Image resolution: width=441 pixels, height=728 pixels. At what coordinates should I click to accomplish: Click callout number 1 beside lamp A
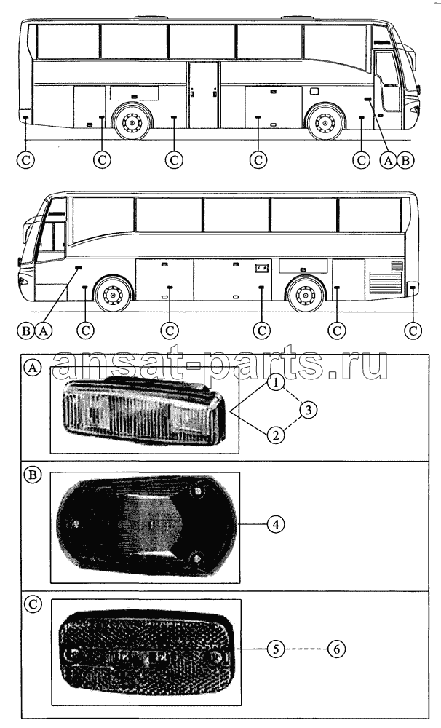pyautogui.click(x=276, y=384)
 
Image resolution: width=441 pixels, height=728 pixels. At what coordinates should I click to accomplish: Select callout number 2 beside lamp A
pyautogui.click(x=276, y=435)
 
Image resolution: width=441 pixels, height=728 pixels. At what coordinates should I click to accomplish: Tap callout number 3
pyautogui.click(x=309, y=409)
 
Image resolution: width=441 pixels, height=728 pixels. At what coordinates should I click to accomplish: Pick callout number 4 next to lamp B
pyautogui.click(x=276, y=524)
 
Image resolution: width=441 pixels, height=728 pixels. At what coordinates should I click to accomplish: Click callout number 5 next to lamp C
pyautogui.click(x=276, y=649)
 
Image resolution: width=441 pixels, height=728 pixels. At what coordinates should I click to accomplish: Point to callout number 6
pyautogui.click(x=336, y=649)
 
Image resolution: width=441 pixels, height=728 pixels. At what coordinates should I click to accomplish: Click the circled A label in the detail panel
pyautogui.click(x=33, y=368)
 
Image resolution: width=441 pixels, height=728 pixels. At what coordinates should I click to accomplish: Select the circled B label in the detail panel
pyautogui.click(x=33, y=475)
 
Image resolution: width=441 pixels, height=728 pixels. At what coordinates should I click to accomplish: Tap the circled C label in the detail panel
pyautogui.click(x=33, y=604)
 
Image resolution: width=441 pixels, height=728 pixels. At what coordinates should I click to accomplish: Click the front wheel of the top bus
pyautogui.click(x=325, y=123)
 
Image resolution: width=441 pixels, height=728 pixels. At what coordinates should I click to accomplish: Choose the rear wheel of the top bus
pyautogui.click(x=132, y=123)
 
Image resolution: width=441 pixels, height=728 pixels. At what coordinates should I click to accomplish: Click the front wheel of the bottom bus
pyautogui.click(x=112, y=294)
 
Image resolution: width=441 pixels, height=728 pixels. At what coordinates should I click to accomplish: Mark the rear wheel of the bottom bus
pyautogui.click(x=304, y=294)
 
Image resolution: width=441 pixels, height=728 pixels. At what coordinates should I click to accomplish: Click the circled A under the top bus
pyautogui.click(x=388, y=160)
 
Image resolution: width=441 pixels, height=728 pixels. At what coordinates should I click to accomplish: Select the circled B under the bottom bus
pyautogui.click(x=27, y=331)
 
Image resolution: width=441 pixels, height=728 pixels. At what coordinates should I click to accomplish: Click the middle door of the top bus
pyautogui.click(x=203, y=95)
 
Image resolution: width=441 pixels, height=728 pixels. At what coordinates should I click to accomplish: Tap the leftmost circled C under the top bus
pyautogui.click(x=25, y=160)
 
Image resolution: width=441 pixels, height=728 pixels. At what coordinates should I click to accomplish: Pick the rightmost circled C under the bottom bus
pyautogui.click(x=413, y=331)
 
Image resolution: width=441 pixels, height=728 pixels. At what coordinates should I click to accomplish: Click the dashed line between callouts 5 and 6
pyautogui.click(x=306, y=649)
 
